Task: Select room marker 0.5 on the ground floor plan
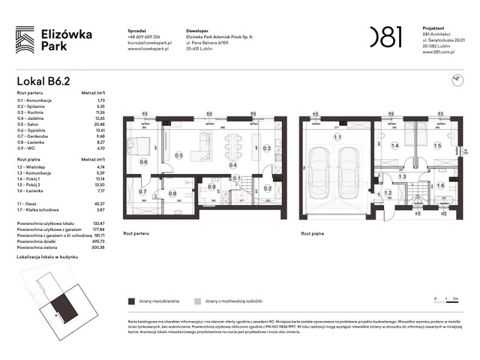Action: [x=178, y=155]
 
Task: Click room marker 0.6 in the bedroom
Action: [x=143, y=161]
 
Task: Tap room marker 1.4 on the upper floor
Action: [x=394, y=146]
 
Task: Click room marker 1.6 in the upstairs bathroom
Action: [x=441, y=185]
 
